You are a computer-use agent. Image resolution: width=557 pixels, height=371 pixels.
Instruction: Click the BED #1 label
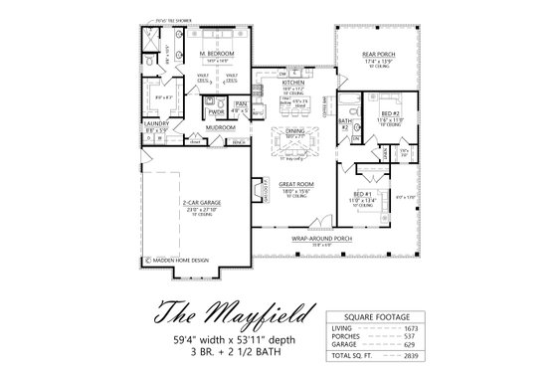(x=361, y=193)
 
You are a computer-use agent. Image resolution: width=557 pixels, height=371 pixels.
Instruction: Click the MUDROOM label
(x=221, y=128)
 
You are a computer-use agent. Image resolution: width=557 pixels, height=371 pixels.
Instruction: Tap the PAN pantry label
(x=240, y=102)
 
